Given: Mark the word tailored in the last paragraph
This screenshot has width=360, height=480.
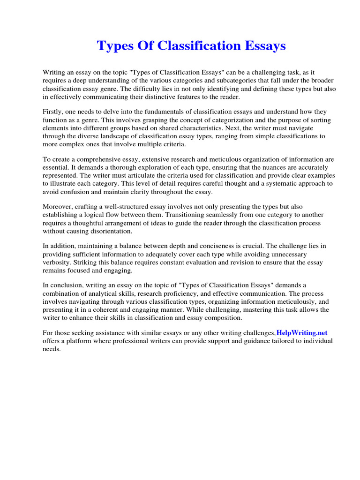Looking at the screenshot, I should [278, 341].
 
